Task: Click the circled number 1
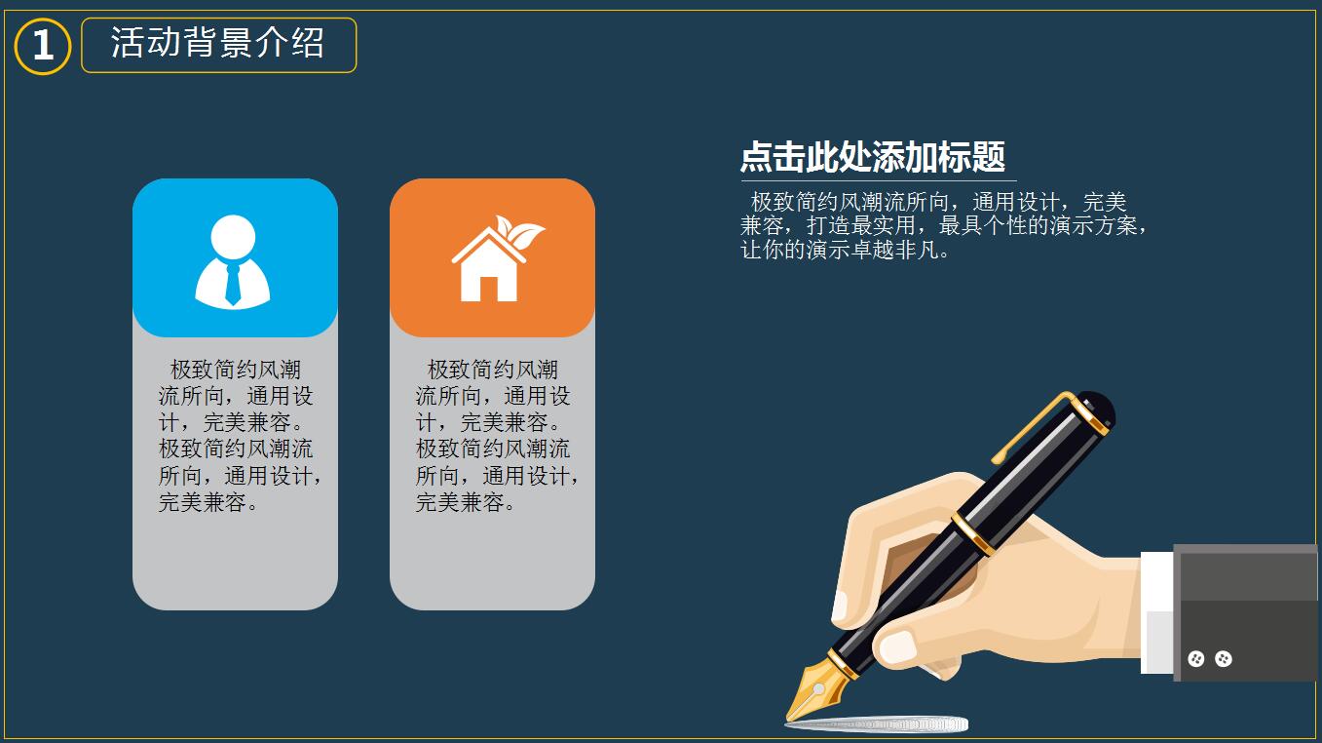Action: pyautogui.click(x=43, y=46)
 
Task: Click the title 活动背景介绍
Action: pyautogui.click(x=218, y=43)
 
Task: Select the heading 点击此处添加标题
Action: pyautogui.click(x=873, y=157)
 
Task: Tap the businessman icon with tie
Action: pyautogui.click(x=233, y=261)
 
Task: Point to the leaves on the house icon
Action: pyautogui.click(x=519, y=231)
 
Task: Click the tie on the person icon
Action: pyautogui.click(x=233, y=284)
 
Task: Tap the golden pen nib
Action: pyautogui.click(x=817, y=689)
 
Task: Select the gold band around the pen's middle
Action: pyautogui.click(x=973, y=534)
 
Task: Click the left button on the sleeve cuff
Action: pyautogui.click(x=1195, y=658)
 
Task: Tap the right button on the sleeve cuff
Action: pyautogui.click(x=1224, y=658)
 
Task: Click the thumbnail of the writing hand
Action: pyautogui.click(x=897, y=647)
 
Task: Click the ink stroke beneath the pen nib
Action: pyautogui.click(x=877, y=724)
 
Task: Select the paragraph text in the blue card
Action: pyautogui.click(x=240, y=436)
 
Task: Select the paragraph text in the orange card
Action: pyautogui.click(x=497, y=436)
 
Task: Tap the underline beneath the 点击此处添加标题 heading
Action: pyautogui.click(x=879, y=180)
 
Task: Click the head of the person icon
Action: pyautogui.click(x=233, y=237)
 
